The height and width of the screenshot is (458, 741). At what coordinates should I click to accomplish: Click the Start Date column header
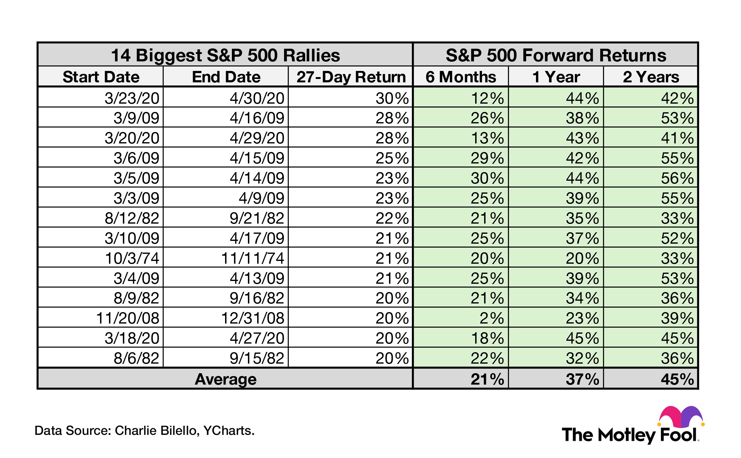[101, 77]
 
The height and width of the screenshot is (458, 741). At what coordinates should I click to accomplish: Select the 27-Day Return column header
[351, 77]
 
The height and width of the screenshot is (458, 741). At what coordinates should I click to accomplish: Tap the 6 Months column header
[461, 77]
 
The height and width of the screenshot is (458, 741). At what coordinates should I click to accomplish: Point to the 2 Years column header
[651, 77]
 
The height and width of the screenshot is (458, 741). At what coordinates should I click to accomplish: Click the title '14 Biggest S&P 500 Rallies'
[225, 55]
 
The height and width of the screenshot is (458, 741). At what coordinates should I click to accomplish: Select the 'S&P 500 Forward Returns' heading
[556, 55]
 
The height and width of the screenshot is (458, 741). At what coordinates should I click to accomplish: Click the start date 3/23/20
[132, 98]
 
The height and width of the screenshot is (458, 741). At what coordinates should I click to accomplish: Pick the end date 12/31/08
[253, 318]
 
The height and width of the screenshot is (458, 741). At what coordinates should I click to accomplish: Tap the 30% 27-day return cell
[392, 98]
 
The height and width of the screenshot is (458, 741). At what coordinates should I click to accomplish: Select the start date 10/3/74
[132, 258]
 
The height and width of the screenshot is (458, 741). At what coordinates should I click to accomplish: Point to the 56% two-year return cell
[677, 178]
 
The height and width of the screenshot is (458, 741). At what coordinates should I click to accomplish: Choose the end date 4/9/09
[261, 198]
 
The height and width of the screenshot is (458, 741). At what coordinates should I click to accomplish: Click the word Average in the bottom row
[225, 379]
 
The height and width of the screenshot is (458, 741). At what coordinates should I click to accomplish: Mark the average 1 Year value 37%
[582, 379]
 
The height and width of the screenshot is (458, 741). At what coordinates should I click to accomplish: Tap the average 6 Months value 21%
[487, 379]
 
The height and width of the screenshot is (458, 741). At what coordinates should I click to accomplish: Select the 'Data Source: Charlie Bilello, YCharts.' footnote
[144, 431]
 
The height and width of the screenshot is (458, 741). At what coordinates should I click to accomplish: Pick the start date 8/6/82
[136, 358]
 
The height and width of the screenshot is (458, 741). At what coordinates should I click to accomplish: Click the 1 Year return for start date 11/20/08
[582, 318]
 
